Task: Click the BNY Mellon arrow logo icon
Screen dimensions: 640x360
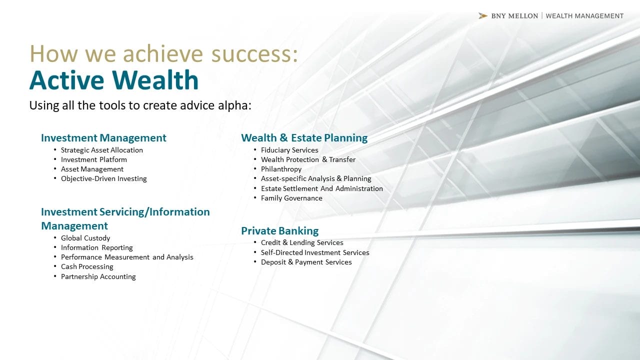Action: tap(483, 16)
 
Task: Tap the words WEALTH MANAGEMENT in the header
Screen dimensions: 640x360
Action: tap(584, 16)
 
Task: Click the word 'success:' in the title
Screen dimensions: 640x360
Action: tap(254, 53)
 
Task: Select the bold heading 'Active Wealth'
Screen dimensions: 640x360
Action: tap(113, 80)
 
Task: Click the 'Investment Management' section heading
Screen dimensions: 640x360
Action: tap(103, 137)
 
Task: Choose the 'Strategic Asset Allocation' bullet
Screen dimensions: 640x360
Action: tap(101, 150)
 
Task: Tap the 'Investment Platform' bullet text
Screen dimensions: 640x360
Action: tap(93, 159)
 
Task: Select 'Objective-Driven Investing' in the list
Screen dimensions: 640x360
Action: tap(103, 178)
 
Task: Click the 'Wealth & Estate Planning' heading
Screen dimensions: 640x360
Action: tap(304, 137)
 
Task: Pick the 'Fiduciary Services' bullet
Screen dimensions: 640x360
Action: tap(289, 150)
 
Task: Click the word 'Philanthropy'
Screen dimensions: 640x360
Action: tap(281, 169)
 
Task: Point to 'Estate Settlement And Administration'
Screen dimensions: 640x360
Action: tap(321, 188)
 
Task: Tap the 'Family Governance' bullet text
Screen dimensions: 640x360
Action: tap(291, 198)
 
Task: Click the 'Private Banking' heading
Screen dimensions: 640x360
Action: tap(279, 231)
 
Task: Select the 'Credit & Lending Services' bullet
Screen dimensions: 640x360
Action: tap(302, 242)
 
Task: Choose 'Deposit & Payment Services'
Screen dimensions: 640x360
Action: tap(306, 262)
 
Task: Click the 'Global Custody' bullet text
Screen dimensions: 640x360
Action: tap(85, 238)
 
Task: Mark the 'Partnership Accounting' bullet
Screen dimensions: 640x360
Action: tap(98, 276)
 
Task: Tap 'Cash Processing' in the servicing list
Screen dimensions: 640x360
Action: tap(87, 266)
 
